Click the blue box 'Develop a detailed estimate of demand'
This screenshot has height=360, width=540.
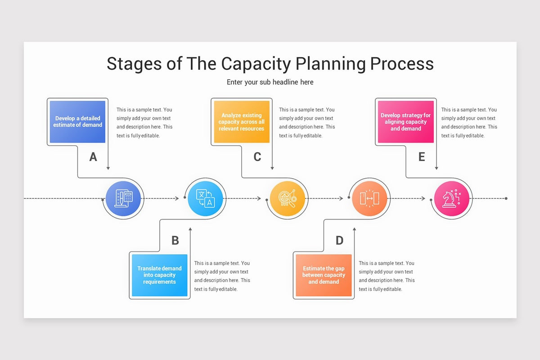(77, 122)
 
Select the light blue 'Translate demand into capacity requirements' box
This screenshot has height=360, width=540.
(159, 275)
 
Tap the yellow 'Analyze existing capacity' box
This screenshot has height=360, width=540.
(242, 122)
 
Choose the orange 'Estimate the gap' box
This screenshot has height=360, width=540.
(324, 275)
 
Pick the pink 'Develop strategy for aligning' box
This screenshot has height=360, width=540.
(405, 122)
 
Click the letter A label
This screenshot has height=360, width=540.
(93, 157)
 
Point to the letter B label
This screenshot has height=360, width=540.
(175, 240)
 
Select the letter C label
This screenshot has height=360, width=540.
(257, 157)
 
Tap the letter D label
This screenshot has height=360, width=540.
(339, 240)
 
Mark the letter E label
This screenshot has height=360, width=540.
(422, 157)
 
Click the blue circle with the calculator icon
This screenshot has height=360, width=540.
(123, 198)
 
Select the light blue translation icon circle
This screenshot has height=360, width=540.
(206, 198)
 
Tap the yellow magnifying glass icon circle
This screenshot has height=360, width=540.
(288, 198)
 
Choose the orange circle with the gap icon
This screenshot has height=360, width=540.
(369, 198)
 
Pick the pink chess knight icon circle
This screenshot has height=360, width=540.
(451, 198)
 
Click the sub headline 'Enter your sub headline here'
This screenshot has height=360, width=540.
(270, 82)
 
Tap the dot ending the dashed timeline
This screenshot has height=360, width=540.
(506, 198)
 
